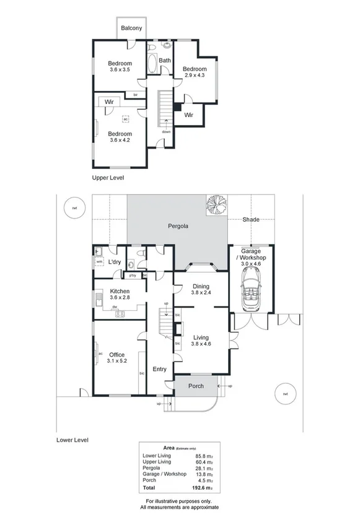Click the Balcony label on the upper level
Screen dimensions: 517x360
click(131, 28)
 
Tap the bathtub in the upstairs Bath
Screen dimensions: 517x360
click(152, 64)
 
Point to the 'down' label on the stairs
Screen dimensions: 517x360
click(166, 131)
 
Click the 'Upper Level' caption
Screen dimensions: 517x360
click(108, 178)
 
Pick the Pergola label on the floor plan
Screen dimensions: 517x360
click(178, 226)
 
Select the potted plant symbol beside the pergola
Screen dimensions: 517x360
click(217, 204)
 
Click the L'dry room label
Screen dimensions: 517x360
click(114, 263)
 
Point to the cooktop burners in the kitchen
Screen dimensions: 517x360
click(120, 313)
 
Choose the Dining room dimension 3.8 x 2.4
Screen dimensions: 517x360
click(201, 292)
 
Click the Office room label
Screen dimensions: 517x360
click(116, 355)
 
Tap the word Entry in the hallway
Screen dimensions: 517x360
click(159, 370)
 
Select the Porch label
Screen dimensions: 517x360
click(196, 386)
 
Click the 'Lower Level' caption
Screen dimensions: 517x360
click(72, 440)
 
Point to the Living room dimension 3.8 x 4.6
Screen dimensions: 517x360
click(201, 344)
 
